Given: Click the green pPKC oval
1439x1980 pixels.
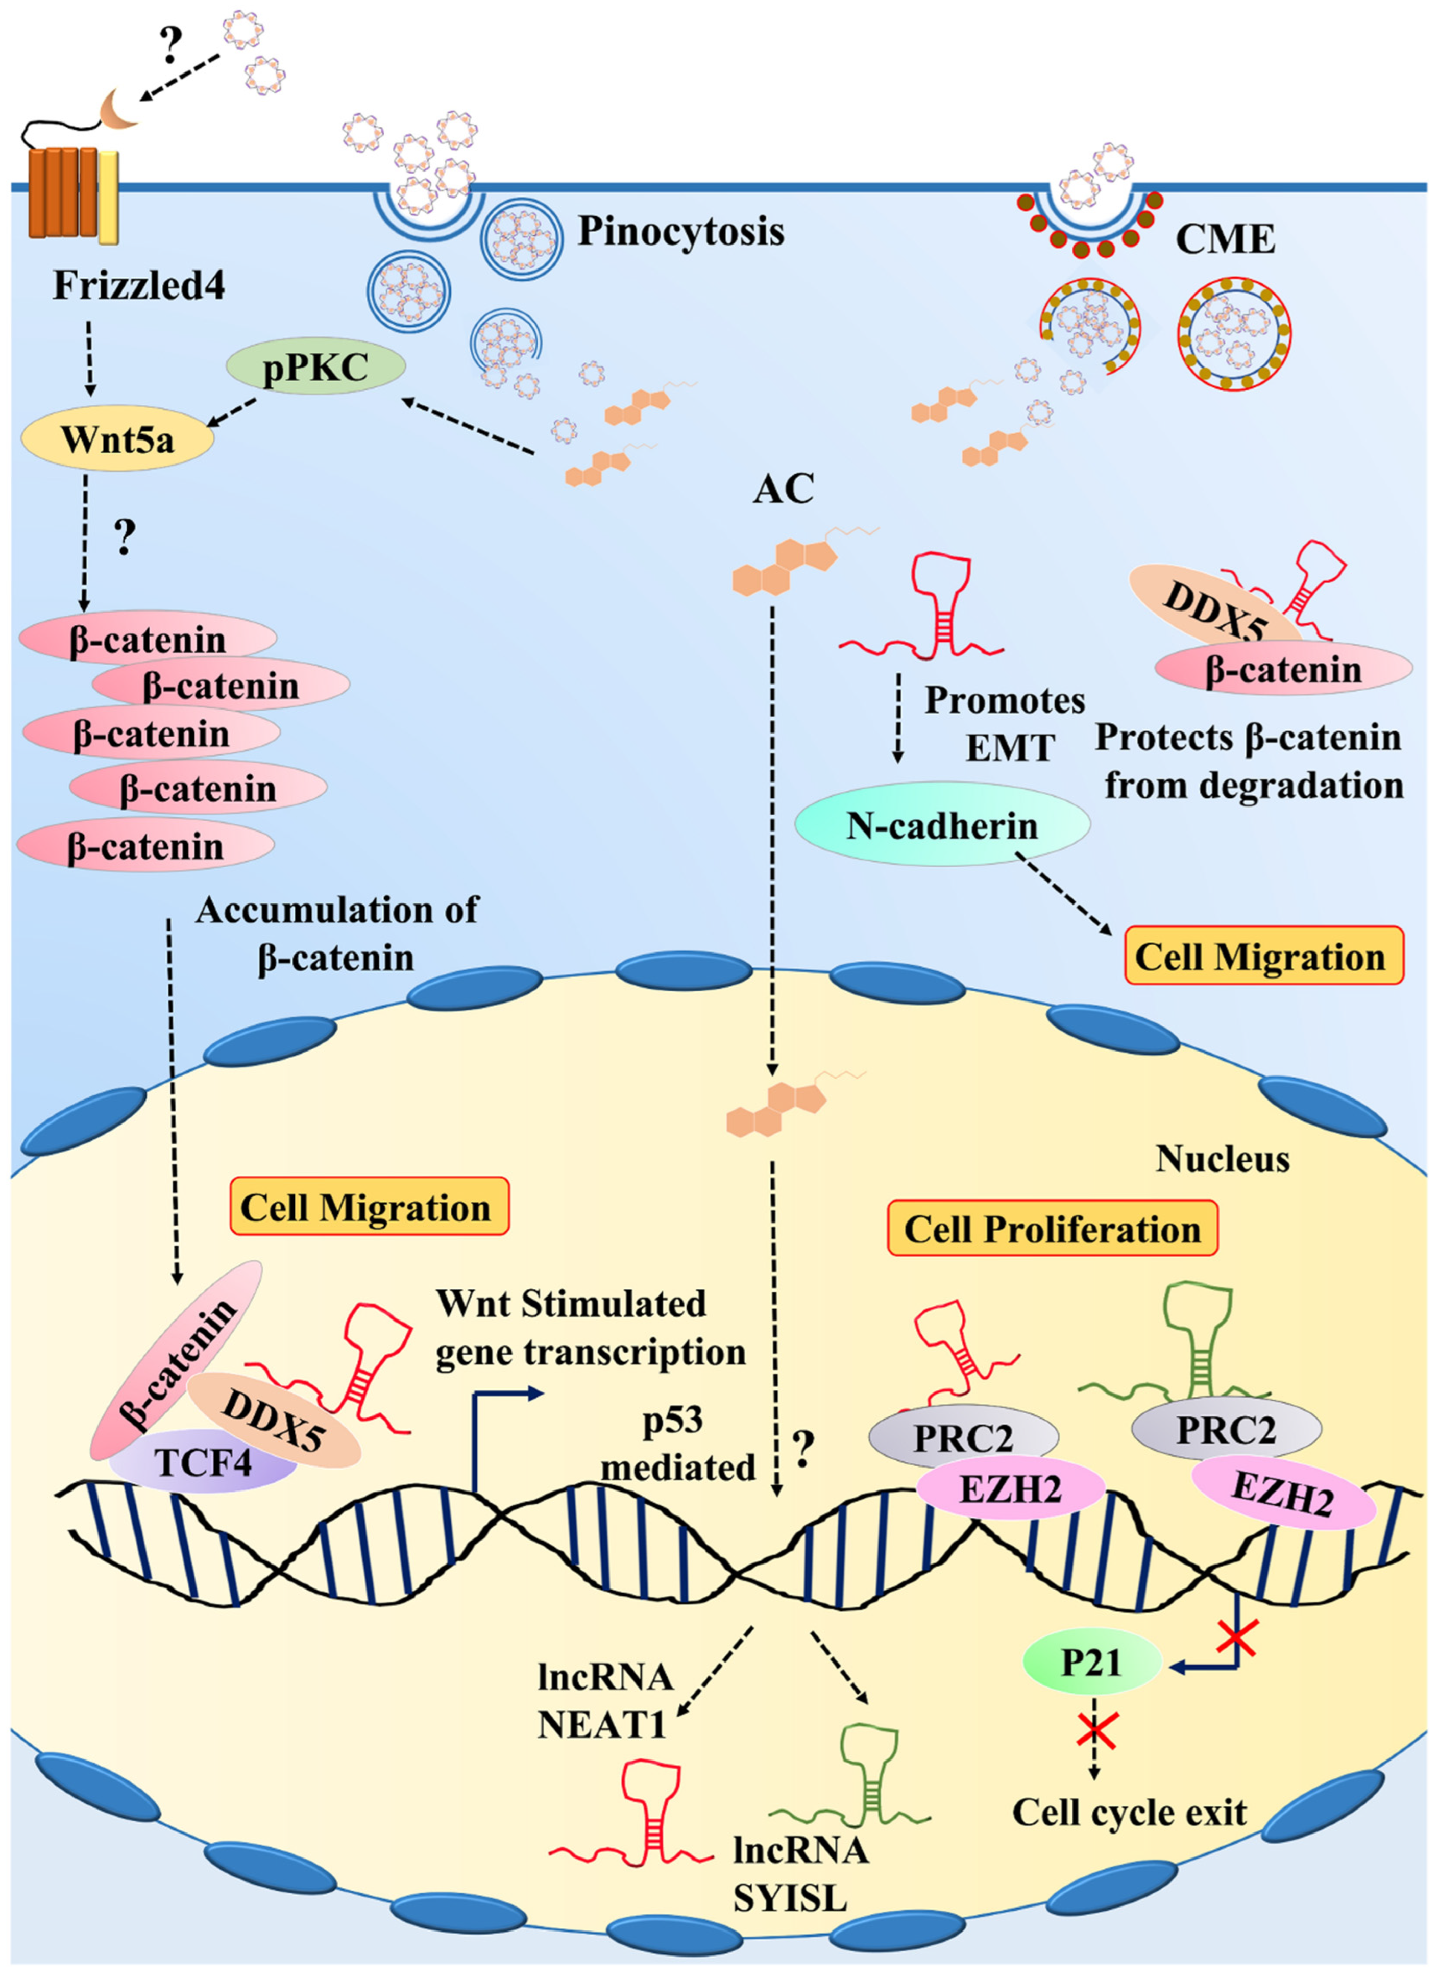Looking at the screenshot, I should pyautogui.click(x=315, y=369).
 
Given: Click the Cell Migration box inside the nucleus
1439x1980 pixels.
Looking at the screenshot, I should pyautogui.click(x=368, y=1207).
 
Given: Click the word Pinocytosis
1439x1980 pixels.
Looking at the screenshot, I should pyautogui.click(x=681, y=232).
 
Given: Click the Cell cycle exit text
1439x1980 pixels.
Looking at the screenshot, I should pyautogui.click(x=1128, y=1813).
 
